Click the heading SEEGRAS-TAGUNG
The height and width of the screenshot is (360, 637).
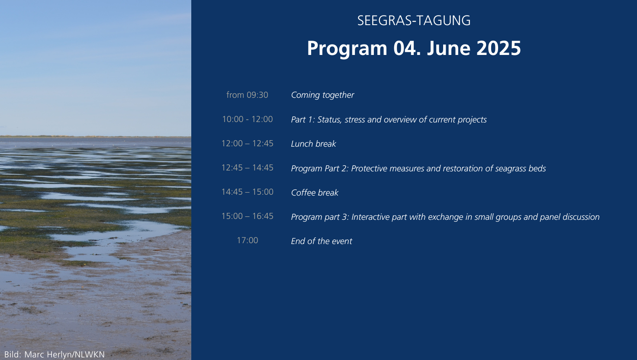(x=414, y=21)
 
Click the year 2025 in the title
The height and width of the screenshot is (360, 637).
(x=499, y=48)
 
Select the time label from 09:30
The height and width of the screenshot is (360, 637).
(x=247, y=95)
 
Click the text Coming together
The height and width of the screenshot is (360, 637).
(x=322, y=95)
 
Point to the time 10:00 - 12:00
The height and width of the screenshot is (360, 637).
(x=248, y=119)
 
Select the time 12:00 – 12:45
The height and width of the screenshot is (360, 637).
(x=248, y=143)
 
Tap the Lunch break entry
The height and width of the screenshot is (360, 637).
(x=313, y=144)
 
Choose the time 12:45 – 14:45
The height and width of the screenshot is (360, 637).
(x=248, y=168)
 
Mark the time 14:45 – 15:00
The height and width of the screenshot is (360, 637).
(x=248, y=192)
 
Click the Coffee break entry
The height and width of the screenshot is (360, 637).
(x=315, y=193)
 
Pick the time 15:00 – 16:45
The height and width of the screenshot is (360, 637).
(x=248, y=216)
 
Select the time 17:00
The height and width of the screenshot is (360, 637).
(x=248, y=240)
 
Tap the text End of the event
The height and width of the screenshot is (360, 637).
(x=322, y=241)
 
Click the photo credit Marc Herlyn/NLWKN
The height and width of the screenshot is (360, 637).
(x=64, y=355)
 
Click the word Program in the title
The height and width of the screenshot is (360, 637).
(x=347, y=48)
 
